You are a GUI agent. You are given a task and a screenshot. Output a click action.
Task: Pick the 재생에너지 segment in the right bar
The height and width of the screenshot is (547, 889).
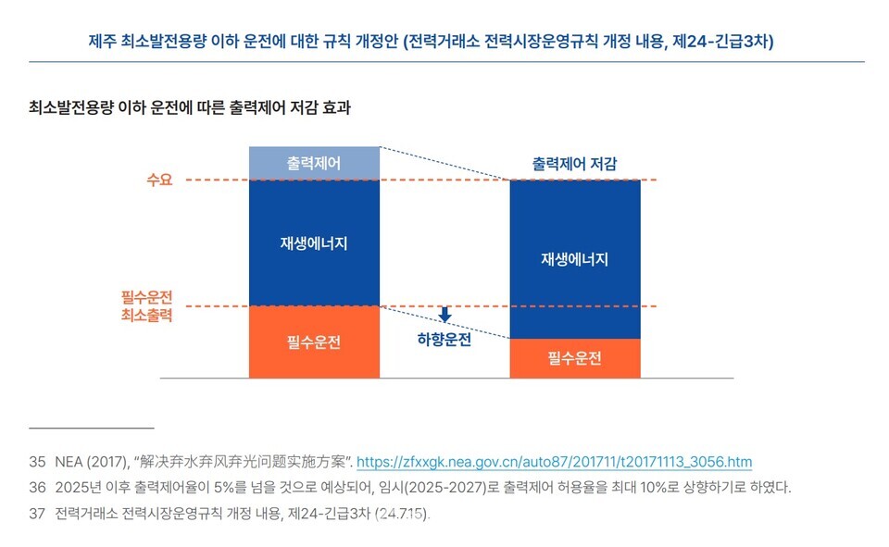coord(574,259)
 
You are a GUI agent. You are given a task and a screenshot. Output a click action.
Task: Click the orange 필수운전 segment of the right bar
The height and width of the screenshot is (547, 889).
coord(574,358)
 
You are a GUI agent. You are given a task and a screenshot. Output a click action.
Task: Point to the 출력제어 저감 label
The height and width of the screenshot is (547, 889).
coord(574,164)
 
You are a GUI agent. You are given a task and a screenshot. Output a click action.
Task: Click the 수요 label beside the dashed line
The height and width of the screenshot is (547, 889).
coord(159,180)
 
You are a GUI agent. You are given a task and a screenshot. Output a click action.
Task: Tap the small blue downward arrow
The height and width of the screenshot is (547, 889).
coord(444,315)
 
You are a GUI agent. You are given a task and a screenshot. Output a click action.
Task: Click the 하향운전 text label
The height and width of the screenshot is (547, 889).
coord(444,340)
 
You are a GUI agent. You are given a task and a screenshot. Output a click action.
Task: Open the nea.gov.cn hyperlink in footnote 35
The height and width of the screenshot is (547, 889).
coord(554,461)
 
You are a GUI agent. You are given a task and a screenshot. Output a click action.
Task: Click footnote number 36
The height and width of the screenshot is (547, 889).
coord(37,487)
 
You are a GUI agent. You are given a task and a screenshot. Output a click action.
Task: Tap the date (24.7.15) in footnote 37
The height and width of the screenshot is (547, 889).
coord(403,513)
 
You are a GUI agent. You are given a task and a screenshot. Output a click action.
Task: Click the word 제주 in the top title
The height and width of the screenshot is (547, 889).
coord(103,42)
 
